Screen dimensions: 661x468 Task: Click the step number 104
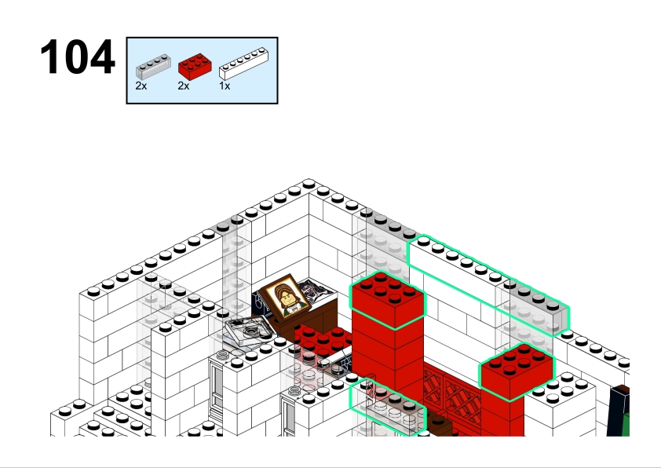pos(78,57)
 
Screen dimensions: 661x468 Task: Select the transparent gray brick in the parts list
pos(153,67)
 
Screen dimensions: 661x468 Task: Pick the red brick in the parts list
pos(195,67)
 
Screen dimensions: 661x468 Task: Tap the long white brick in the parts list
pos(243,64)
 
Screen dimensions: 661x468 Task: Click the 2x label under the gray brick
pos(141,86)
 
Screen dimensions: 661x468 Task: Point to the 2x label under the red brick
pos(184,86)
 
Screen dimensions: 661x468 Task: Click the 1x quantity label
pos(225,86)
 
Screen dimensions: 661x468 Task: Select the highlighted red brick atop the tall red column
pos(388,300)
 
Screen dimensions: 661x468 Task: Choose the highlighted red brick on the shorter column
pos(517,371)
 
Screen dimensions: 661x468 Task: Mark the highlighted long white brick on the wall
pos(459,270)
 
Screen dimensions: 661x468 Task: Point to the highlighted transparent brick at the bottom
pos(387,408)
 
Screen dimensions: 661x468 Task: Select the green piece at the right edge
pos(625,424)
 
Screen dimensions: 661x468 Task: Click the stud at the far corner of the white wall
pos(309,184)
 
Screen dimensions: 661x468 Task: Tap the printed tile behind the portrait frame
pos(317,291)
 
